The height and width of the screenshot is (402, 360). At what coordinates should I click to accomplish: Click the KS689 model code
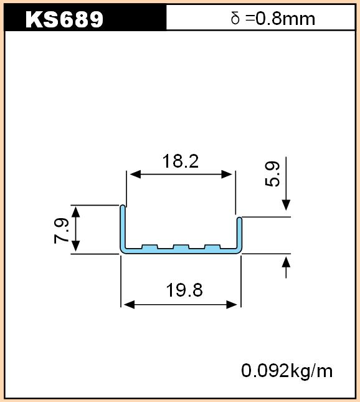click(x=64, y=19)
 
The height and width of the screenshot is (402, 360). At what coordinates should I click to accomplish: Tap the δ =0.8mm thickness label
click(x=273, y=19)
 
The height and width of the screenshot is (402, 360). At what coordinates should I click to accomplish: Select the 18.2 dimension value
click(x=181, y=161)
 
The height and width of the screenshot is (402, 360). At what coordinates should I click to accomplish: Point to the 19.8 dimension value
click(x=184, y=290)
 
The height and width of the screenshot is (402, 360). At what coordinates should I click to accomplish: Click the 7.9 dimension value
click(x=62, y=231)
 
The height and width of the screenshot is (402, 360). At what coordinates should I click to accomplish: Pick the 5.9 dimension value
click(x=272, y=174)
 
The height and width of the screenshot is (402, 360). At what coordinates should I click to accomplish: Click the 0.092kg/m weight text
click(x=287, y=370)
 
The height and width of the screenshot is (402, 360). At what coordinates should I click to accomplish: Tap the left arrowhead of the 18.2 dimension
click(x=136, y=175)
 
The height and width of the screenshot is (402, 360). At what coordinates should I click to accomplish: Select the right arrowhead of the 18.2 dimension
click(x=227, y=175)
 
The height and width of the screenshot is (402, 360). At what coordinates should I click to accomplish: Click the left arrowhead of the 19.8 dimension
click(x=129, y=305)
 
